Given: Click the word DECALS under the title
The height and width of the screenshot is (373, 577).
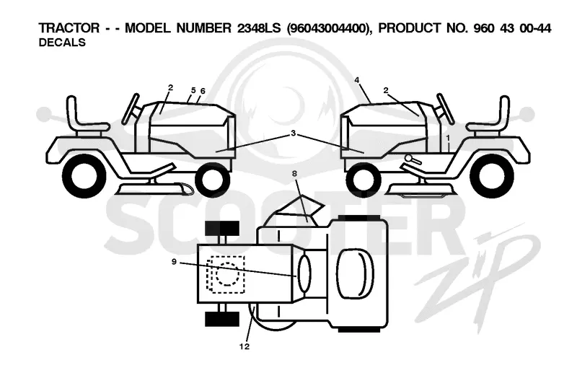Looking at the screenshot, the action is click(62, 43).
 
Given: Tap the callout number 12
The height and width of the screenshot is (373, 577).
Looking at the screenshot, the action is click(245, 346).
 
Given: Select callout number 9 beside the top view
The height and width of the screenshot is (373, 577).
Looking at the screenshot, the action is click(174, 262).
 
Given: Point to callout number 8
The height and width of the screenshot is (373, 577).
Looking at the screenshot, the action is click(294, 173).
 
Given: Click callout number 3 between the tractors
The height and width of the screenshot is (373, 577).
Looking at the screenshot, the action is click(294, 133).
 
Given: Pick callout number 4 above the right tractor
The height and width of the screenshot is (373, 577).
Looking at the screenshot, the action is click(356, 80).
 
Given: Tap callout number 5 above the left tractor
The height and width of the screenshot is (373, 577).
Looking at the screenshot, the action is click(193, 90).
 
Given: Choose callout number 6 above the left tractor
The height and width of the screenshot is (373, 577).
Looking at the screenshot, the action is click(203, 91).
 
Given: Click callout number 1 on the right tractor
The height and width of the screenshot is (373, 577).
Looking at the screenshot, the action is click(448, 138).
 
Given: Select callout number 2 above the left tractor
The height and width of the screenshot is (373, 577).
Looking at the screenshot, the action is click(170, 87).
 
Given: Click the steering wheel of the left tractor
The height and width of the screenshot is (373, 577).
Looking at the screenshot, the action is click(131, 108).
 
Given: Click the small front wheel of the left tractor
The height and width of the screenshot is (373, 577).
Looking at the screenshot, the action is click(212, 180).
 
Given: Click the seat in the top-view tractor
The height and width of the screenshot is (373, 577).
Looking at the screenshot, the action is click(355, 273).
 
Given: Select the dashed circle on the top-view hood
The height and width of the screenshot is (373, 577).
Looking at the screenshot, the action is click(228, 274).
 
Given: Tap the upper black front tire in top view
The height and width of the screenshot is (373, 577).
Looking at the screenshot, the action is click(222, 228).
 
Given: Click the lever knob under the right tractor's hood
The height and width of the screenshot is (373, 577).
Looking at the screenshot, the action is click(408, 158).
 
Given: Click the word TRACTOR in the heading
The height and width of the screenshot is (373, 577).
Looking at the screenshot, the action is click(69, 28).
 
